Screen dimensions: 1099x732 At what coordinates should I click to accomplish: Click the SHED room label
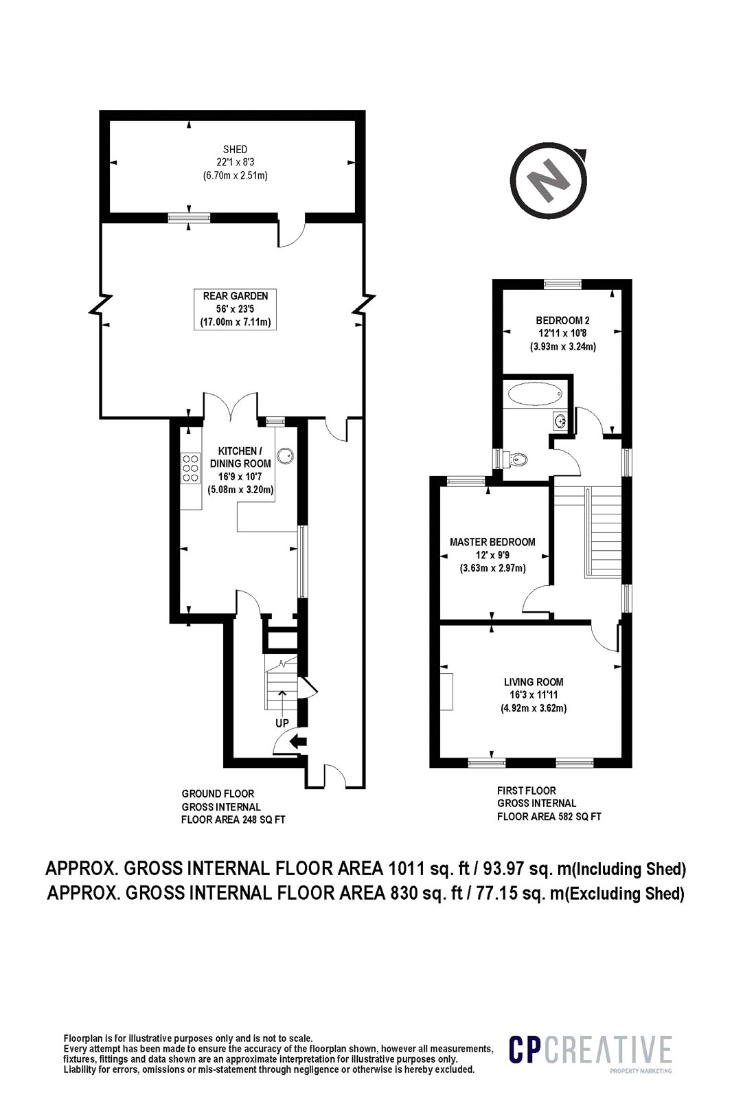pos(235,149)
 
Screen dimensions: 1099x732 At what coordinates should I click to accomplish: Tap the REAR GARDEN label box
pos(235,308)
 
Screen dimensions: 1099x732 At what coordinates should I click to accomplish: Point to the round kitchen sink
pos(284,455)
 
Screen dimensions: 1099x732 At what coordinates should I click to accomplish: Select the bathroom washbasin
pos(560,420)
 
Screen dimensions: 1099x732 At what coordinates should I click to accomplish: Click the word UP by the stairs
pos(282,723)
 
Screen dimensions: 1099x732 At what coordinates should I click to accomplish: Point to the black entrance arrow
pos(298,741)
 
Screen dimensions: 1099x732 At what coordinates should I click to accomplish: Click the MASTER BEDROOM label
pos(492,542)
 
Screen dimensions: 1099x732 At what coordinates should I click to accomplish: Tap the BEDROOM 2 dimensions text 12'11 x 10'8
pos(562,333)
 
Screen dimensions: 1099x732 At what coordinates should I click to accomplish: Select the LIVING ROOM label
pos(534,682)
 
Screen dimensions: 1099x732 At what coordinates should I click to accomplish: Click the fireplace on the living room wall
pos(447,692)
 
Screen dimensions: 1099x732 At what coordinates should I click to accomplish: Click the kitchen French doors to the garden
pos(230,407)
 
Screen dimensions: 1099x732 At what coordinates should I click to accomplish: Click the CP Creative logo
pos(590,1052)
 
